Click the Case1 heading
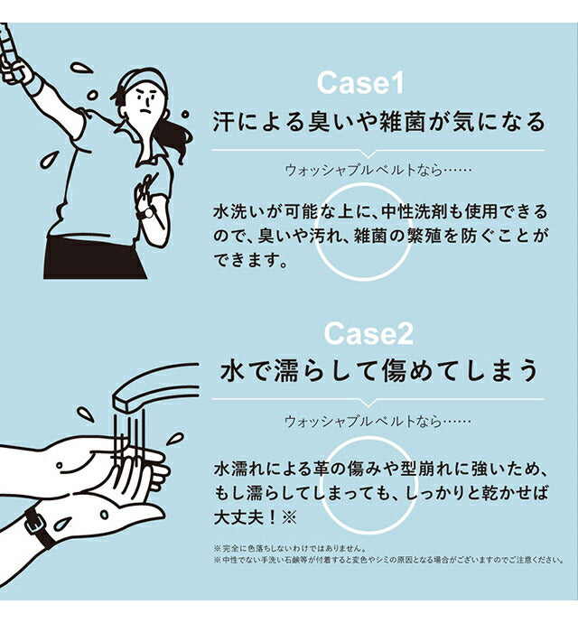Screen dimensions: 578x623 pos(360,83)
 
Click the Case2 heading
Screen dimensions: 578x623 pos(368,333)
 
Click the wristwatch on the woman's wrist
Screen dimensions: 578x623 pos(146,214)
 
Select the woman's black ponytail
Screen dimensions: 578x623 pos(176,139)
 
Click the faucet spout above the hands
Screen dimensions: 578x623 pos(155,386)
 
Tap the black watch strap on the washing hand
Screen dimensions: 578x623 pos(40,527)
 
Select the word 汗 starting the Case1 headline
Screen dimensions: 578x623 pos(224,122)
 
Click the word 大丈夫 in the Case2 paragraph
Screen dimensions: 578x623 pos(240,517)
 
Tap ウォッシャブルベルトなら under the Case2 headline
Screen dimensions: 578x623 pos(363,421)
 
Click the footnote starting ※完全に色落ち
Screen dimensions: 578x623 pos(289,548)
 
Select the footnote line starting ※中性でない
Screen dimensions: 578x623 pos(388,560)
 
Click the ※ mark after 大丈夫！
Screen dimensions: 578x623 pos(289,517)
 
